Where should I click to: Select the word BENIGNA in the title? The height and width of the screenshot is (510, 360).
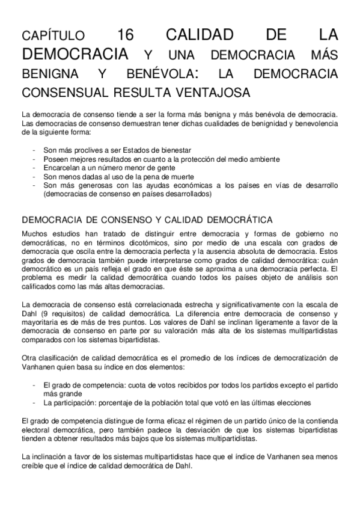pyautogui.click(x=47, y=75)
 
